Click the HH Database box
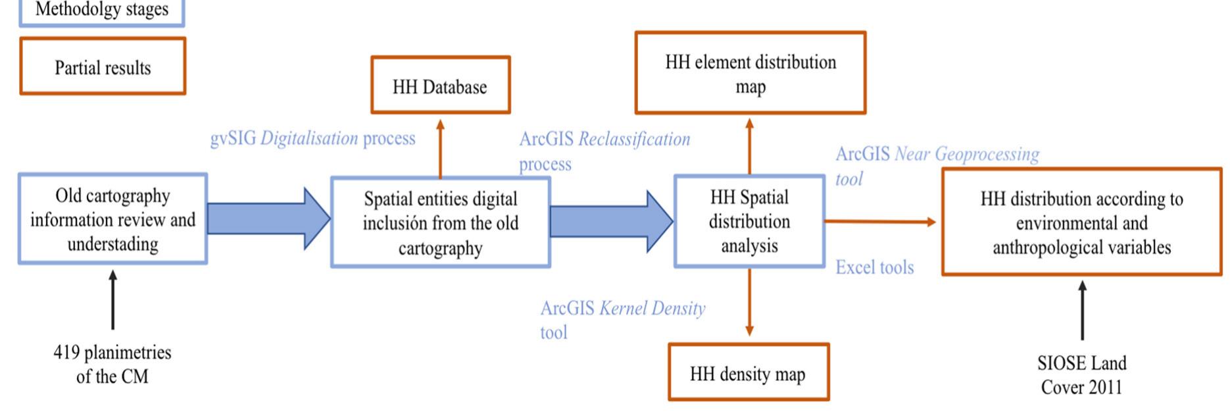coord(440,86)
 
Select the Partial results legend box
coord(103,67)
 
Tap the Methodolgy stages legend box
coord(102,11)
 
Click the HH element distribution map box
coord(750,74)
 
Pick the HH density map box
coord(749,373)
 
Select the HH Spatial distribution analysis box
coord(749,221)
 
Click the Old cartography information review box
coord(112,219)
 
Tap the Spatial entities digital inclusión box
coord(440,222)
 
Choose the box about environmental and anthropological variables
coord(1081,222)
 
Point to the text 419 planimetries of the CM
coord(112,364)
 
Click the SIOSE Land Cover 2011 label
coord(1081,375)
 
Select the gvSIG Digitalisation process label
coord(312,138)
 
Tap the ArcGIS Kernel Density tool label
coord(622,319)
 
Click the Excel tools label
coord(874,267)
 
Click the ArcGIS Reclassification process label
coord(604,150)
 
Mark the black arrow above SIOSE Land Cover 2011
coord(1082,310)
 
